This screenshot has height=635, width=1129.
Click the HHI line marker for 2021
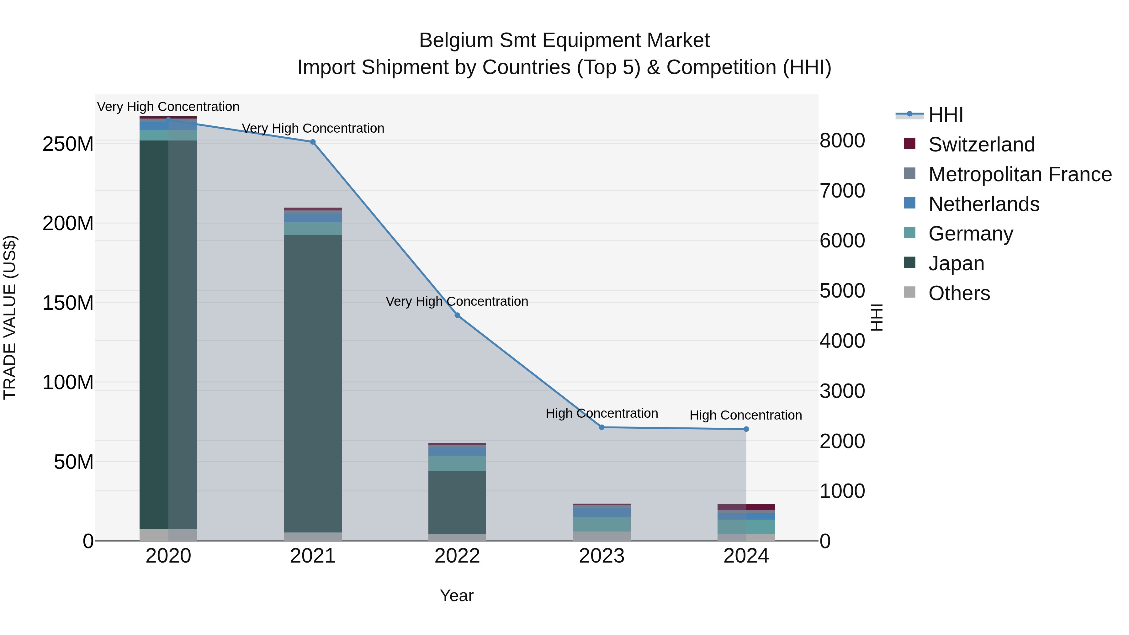click(312, 142)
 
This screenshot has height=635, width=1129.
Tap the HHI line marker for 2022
click(457, 315)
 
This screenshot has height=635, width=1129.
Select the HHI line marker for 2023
click(602, 427)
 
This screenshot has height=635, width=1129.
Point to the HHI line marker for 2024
click(746, 429)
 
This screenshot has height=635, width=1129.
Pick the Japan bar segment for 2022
click(457, 502)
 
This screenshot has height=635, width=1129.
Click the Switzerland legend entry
click(981, 145)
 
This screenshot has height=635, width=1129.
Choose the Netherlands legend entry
click(983, 204)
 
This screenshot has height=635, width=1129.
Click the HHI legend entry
click(945, 115)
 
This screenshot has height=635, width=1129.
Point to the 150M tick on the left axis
click(68, 303)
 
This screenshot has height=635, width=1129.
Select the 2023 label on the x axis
click(602, 556)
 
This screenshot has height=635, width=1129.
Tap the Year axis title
click(457, 595)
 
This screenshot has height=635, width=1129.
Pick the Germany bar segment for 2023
click(602, 524)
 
